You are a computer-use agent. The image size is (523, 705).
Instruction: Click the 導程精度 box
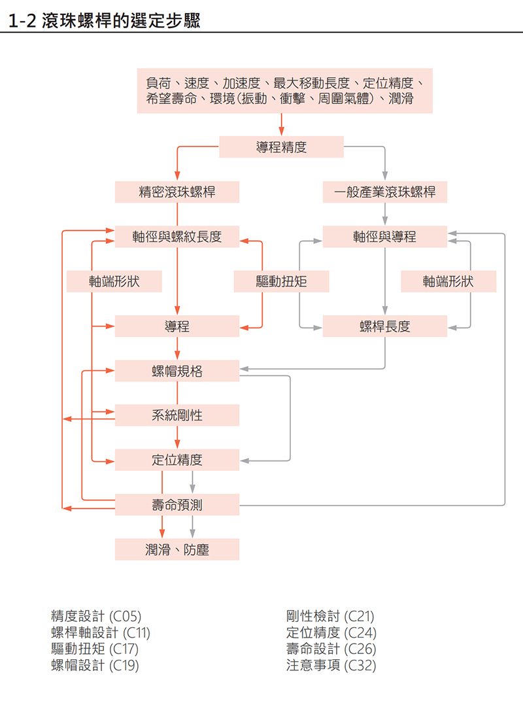pos(281,147)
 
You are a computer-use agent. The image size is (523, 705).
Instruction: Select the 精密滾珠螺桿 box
pos(177,192)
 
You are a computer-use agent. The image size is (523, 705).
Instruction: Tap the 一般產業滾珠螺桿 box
pos(384,192)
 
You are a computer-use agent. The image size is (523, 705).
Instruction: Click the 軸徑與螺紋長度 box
pos(177,237)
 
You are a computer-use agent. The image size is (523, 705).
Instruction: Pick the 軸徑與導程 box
pos(384,237)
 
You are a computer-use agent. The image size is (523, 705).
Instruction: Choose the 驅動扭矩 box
pos(281,282)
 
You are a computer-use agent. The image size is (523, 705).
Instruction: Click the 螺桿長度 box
pos(384,326)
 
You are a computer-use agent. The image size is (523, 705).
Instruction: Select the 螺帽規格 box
pos(177,371)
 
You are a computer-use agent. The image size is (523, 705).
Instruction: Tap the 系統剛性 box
pos(177,415)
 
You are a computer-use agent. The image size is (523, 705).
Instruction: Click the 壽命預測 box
pos(177,505)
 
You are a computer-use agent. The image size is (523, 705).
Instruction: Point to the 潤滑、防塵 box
pos(177,550)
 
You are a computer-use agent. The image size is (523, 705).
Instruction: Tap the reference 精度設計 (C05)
pos(95,616)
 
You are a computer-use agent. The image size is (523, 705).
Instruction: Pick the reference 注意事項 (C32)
pos(331,666)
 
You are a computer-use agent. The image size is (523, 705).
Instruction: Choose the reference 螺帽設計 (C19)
pos(95,666)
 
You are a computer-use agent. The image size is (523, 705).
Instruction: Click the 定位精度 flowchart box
pos(177,460)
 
